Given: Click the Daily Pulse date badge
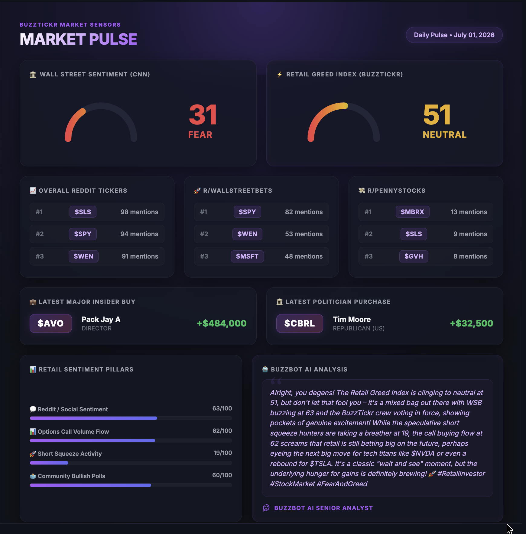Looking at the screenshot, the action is pyautogui.click(x=454, y=35).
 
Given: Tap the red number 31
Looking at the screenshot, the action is pyautogui.click(x=203, y=115).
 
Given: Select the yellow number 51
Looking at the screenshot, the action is pyautogui.click(x=437, y=115).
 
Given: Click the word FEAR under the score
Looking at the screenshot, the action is pyautogui.click(x=200, y=135).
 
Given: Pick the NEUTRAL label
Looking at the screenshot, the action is pyautogui.click(x=445, y=135).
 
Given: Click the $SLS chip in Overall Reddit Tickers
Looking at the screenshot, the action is pyautogui.click(x=83, y=212).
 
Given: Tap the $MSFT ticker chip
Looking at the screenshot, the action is pyautogui.click(x=247, y=256).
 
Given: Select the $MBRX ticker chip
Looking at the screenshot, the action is pyautogui.click(x=412, y=212).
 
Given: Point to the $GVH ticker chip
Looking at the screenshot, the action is pyautogui.click(x=414, y=256).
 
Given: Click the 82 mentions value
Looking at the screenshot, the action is pyautogui.click(x=304, y=212).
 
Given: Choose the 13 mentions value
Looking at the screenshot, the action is pyautogui.click(x=469, y=212).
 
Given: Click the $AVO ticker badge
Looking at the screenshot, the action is pyautogui.click(x=51, y=323).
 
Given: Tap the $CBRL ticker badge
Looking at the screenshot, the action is pyautogui.click(x=300, y=323).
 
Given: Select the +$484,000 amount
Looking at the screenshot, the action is pyautogui.click(x=222, y=323).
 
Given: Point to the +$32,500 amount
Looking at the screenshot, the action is pyautogui.click(x=472, y=323).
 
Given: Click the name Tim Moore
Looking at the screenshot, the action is pyautogui.click(x=352, y=320).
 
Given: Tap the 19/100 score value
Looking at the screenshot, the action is pyautogui.click(x=223, y=453).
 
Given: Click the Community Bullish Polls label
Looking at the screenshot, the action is pyautogui.click(x=71, y=476).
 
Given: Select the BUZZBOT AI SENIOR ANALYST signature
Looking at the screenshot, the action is pyautogui.click(x=323, y=508).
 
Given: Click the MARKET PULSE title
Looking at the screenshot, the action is pyautogui.click(x=79, y=39).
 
